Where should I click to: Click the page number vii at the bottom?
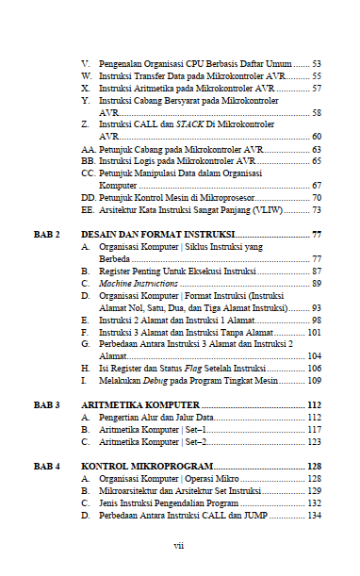(x=179, y=545)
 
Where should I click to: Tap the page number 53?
(x=316, y=62)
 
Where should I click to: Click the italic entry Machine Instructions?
(x=139, y=283)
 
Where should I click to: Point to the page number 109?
(x=314, y=381)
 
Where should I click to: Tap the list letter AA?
(x=88, y=149)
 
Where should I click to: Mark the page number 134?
(x=314, y=515)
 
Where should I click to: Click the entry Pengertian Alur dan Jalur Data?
(x=156, y=417)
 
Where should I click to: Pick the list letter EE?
(x=88, y=210)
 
